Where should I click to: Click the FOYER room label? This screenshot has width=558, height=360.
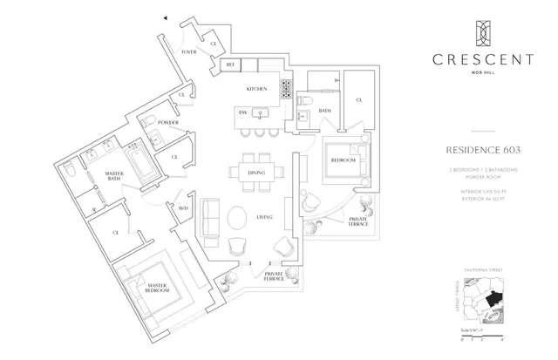click(189, 52)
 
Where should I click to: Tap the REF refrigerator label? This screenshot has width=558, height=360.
click(231, 65)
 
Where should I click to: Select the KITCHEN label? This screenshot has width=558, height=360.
click(255, 90)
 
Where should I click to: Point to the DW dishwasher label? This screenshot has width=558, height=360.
click(243, 112)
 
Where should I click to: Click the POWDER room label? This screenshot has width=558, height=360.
click(168, 123)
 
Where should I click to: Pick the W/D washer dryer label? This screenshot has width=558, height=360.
click(183, 208)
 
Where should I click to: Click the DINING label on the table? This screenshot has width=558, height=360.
click(256, 173)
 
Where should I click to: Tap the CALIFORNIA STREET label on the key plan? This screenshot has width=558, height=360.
click(484, 271)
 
